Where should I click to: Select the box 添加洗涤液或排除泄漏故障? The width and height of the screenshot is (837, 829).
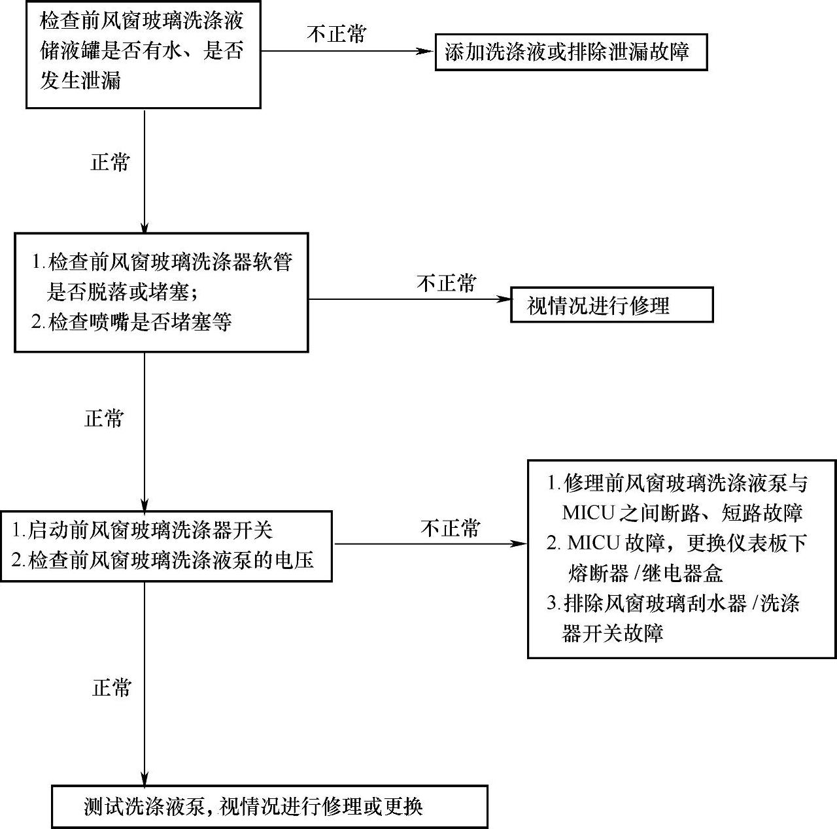pos(571,52)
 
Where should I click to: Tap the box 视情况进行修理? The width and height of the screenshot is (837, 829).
pos(611,305)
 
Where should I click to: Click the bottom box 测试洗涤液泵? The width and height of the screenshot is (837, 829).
pos(270,805)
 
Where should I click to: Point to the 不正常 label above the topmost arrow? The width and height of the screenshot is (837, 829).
pos(337,33)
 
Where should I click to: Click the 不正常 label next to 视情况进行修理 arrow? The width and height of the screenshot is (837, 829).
pos(447,283)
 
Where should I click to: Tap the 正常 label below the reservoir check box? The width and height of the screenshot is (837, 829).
pos(110,163)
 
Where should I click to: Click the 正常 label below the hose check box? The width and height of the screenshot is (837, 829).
pos(105,418)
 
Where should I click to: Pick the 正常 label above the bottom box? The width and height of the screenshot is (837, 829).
pos(112,687)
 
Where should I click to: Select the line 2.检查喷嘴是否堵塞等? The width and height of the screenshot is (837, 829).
pos(132,322)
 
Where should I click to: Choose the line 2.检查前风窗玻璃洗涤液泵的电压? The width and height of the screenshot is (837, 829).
pos(163,560)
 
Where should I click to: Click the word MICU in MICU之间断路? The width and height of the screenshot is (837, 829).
pos(589,513)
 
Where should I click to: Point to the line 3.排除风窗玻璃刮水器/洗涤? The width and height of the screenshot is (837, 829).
pos(674,603)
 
